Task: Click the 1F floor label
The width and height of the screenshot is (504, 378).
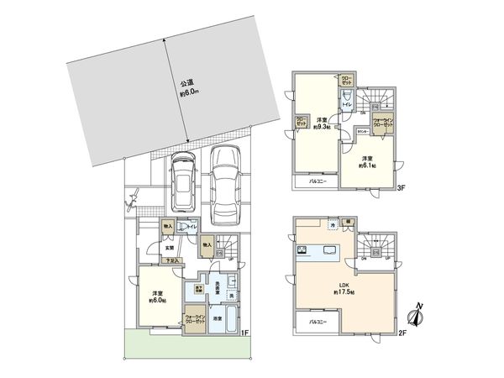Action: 245,334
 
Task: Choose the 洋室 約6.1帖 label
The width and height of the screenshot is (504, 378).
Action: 366,162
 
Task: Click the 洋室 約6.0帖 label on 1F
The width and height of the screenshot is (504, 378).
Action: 157,295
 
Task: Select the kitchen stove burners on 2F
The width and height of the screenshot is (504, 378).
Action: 299,251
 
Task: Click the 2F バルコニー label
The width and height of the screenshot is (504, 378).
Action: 316,322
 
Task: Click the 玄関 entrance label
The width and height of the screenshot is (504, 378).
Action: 169,247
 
